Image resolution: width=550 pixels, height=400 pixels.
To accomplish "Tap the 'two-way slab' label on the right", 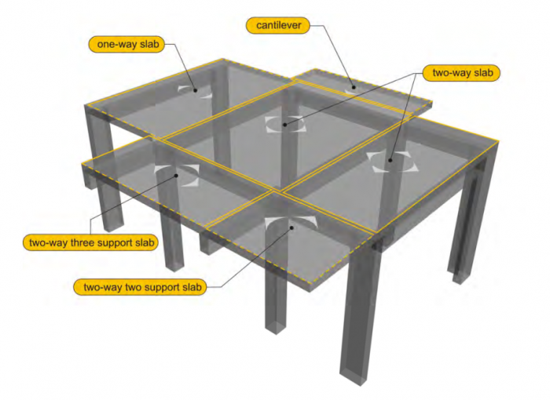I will [x=461, y=73].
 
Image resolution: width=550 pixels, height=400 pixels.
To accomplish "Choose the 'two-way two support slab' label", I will [x=140, y=287].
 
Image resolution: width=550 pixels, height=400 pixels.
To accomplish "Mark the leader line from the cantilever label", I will [x=334, y=55].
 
